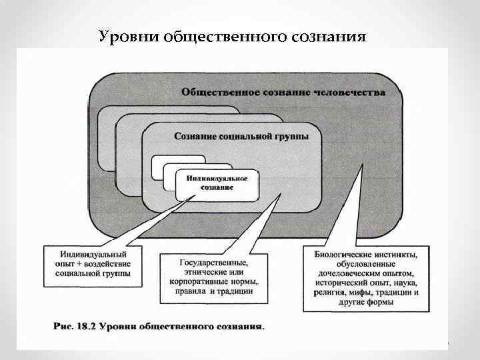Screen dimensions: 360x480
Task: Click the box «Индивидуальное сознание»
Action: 217,183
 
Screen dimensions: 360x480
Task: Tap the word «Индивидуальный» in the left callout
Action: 93,254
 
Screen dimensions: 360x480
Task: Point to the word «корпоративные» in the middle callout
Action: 197,282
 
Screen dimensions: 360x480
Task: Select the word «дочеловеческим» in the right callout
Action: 344,273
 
